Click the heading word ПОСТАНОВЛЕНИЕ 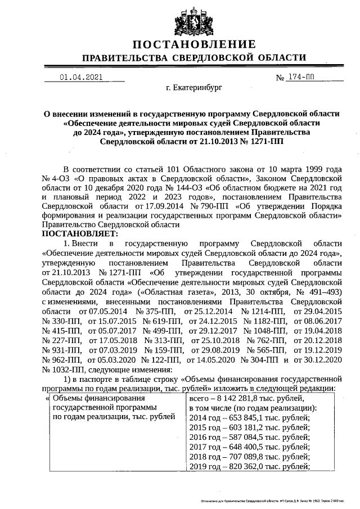pos(195,44)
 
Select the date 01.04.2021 pos(80,78)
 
